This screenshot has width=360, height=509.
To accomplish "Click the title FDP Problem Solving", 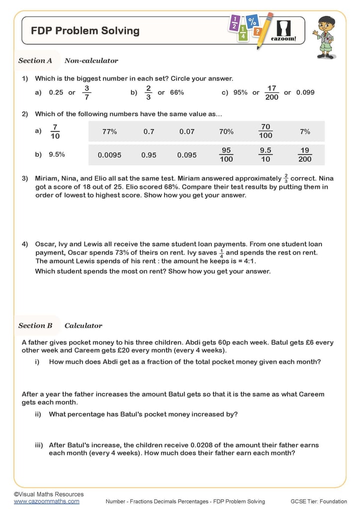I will tap(85, 31).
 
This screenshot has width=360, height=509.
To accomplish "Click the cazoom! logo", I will tap(284, 30).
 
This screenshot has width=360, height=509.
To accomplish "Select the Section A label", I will tap(35, 61).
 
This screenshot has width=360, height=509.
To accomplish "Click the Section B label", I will tap(35, 326).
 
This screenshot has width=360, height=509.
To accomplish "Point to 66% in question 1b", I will tap(177, 92).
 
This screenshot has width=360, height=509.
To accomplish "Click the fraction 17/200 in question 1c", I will tap(271, 92).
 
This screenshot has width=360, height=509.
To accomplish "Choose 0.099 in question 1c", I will tap(305, 92).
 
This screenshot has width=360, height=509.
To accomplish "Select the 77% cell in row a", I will tap(109, 132).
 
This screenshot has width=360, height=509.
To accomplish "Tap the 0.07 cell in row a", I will tap(187, 132).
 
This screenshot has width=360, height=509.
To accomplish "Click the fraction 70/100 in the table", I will tap(266, 131).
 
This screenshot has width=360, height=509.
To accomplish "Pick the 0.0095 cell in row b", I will tap(109, 155).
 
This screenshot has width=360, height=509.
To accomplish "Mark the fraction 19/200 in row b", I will tap(305, 155).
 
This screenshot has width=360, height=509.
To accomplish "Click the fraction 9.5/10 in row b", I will tap(266, 155).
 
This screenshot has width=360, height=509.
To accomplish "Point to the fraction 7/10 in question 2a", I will tap(55, 132).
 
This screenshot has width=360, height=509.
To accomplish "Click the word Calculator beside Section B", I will tap(83, 326).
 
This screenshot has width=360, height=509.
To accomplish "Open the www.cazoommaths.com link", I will tap(46, 501).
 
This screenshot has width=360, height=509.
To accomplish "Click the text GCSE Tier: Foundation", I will tap(319, 501).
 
